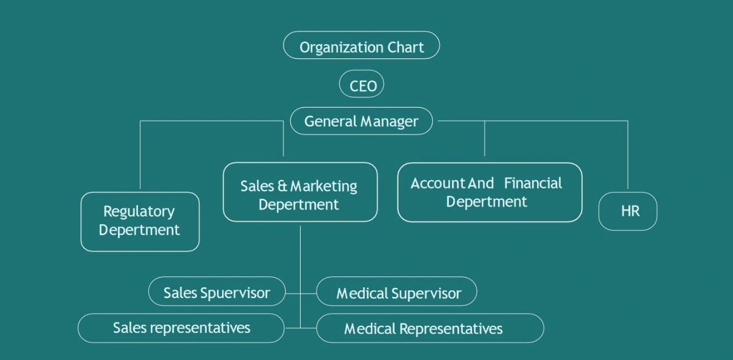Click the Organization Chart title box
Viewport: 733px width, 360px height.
click(361, 45)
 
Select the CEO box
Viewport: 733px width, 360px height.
click(361, 85)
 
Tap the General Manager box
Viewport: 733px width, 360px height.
click(361, 121)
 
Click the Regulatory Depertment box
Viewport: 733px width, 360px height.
click(140, 221)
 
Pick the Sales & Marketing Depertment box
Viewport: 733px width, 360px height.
click(300, 192)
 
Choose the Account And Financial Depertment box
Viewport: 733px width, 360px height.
click(490, 192)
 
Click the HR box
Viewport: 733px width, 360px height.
click(628, 211)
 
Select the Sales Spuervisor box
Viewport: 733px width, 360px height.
click(217, 292)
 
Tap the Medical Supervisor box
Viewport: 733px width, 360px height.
click(397, 292)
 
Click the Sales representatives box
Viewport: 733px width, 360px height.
click(181, 328)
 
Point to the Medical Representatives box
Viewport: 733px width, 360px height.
click(429, 329)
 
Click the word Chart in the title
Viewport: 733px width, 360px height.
click(406, 48)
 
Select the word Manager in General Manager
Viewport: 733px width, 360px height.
click(389, 121)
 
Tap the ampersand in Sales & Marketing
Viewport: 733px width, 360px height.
click(282, 186)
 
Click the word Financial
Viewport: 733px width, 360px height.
click(533, 183)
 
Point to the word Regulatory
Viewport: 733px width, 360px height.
click(139, 212)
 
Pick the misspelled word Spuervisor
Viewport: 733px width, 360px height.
click(235, 293)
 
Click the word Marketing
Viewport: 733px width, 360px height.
click(324, 187)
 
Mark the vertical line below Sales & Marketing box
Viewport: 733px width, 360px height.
click(301, 252)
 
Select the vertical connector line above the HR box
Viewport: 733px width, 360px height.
click(628, 155)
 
